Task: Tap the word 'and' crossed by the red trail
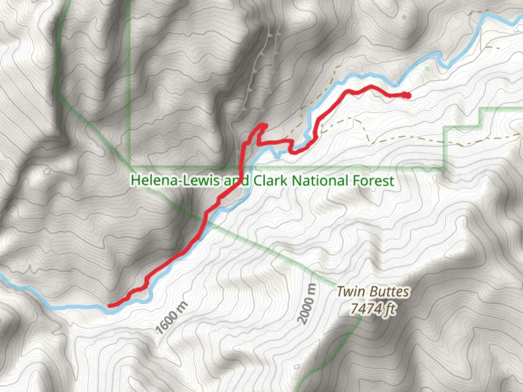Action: click(x=236, y=180)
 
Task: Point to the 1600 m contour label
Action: click(x=171, y=318)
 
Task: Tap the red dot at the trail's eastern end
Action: click(x=408, y=95)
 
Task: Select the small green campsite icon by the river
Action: click(x=426, y=68)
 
